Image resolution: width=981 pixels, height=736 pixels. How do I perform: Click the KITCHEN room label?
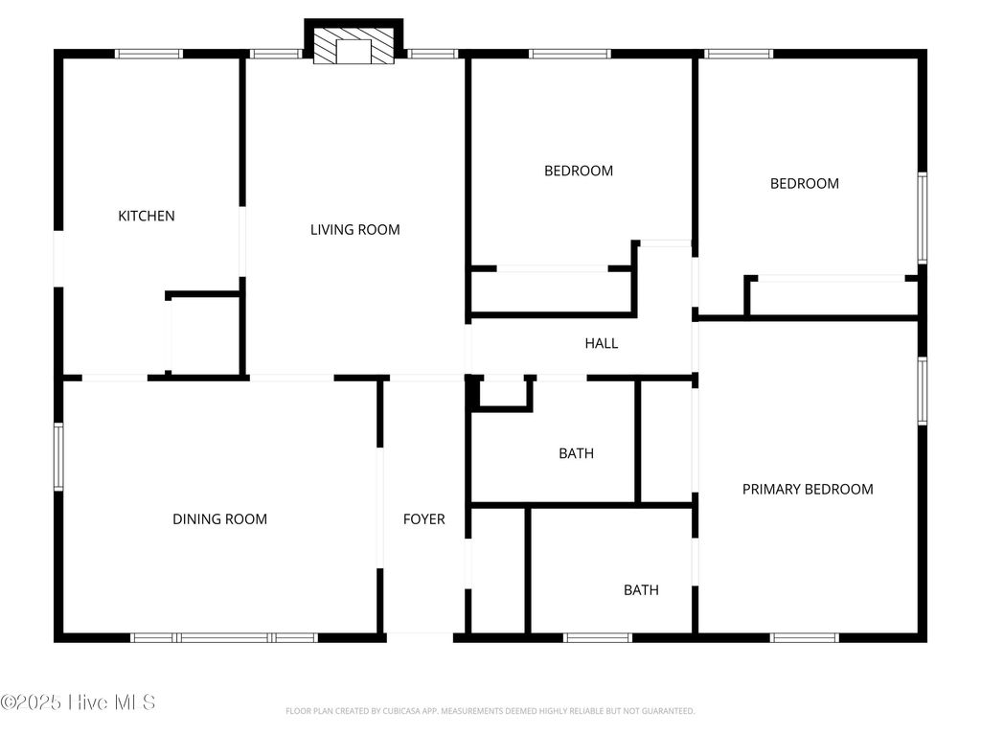click(147, 216)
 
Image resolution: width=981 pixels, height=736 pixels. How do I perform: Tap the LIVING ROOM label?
click(354, 230)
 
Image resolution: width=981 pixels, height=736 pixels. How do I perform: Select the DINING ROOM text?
click(219, 519)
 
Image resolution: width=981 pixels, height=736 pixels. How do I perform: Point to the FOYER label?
click(423, 519)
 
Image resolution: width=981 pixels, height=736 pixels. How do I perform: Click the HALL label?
click(602, 343)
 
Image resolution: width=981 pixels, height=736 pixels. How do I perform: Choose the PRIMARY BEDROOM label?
click(808, 490)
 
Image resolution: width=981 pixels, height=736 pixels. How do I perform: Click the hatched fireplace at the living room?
click(354, 46)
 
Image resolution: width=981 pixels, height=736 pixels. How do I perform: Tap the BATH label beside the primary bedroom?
click(641, 590)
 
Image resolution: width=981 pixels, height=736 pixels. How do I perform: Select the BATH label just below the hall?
click(576, 453)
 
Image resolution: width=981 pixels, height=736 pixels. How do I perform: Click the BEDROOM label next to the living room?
click(579, 172)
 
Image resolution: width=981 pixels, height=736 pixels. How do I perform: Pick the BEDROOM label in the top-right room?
click(805, 184)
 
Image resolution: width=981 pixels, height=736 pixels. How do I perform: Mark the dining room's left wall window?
click(58, 457)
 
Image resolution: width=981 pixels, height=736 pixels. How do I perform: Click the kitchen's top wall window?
click(148, 54)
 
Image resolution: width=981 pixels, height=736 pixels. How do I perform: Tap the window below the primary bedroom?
click(805, 637)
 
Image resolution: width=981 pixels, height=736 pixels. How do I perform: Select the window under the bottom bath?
click(598, 637)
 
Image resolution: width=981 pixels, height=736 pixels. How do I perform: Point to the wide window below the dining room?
click(224, 637)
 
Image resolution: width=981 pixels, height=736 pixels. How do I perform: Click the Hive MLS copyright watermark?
click(79, 702)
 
